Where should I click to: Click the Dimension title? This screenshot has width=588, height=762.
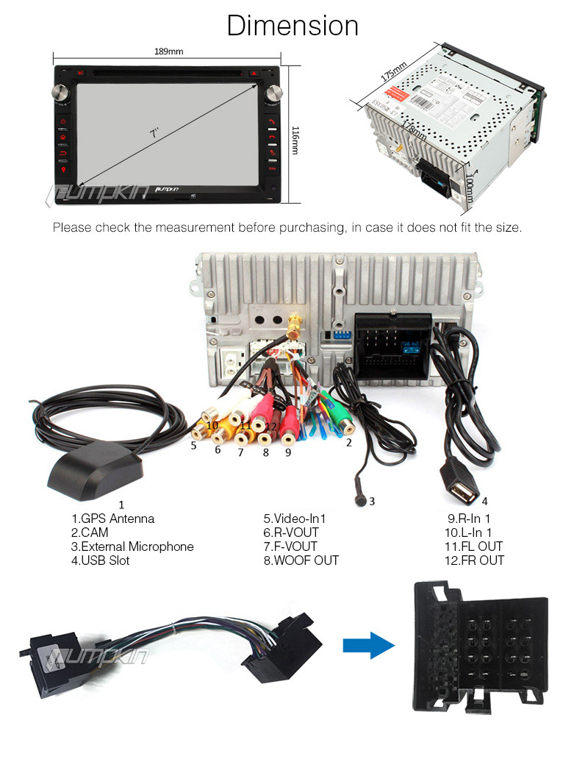[x=293, y=25]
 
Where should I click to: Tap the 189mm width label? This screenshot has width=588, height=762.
[x=168, y=51]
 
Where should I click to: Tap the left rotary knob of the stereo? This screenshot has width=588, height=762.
[x=60, y=92]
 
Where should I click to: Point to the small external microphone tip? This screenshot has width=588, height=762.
[x=360, y=501]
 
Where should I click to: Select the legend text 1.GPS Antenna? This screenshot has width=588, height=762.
[x=112, y=519]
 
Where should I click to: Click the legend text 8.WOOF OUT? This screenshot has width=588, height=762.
[x=301, y=560]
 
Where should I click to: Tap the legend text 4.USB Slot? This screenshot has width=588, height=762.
[x=101, y=560]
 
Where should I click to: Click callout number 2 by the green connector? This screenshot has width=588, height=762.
[x=349, y=443]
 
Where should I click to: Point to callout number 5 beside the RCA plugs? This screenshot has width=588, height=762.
[x=193, y=445]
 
